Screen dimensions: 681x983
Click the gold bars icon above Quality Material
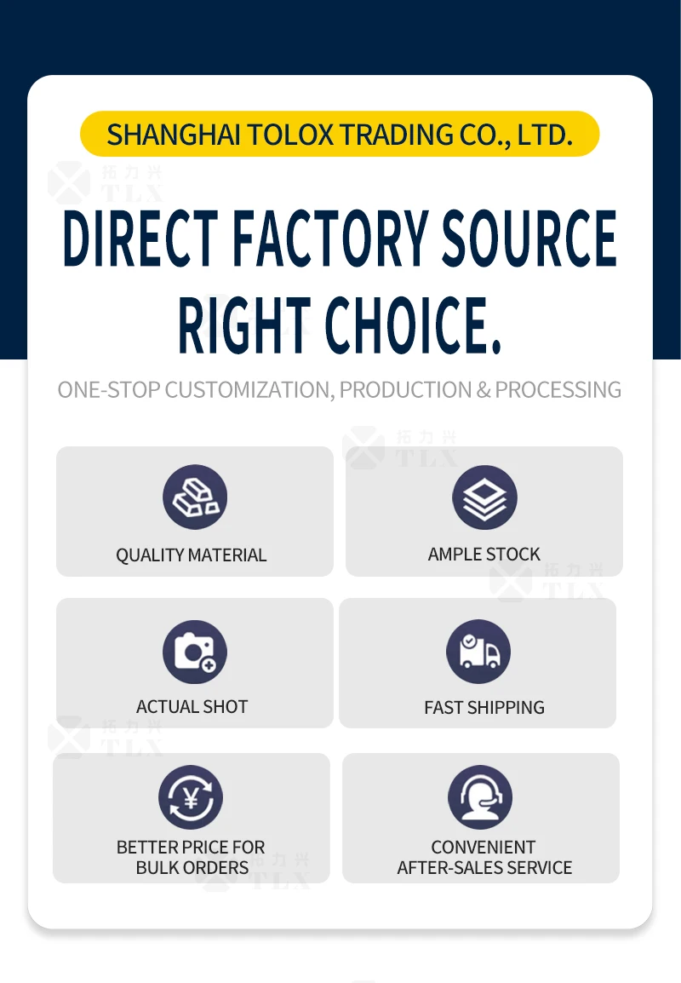(x=195, y=497)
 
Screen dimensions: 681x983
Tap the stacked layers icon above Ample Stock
(x=485, y=497)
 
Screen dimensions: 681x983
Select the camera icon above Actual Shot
(x=195, y=652)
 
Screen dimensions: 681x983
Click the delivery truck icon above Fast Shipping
(x=478, y=652)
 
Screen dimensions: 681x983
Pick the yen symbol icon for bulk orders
(x=191, y=797)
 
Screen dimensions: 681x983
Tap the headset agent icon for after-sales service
(x=480, y=797)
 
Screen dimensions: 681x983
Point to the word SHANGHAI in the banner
(x=174, y=135)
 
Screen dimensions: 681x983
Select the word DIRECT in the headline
(x=141, y=239)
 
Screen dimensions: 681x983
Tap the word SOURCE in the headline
(x=529, y=239)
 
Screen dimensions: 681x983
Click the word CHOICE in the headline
(x=414, y=325)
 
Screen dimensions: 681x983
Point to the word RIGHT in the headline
(x=244, y=325)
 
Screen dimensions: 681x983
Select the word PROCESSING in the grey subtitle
(x=558, y=390)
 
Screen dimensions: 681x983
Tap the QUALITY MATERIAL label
(x=191, y=555)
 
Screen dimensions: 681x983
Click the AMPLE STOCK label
(x=484, y=555)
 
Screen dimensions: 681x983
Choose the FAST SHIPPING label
(x=484, y=707)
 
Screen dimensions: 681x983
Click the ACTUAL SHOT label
(x=192, y=706)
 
